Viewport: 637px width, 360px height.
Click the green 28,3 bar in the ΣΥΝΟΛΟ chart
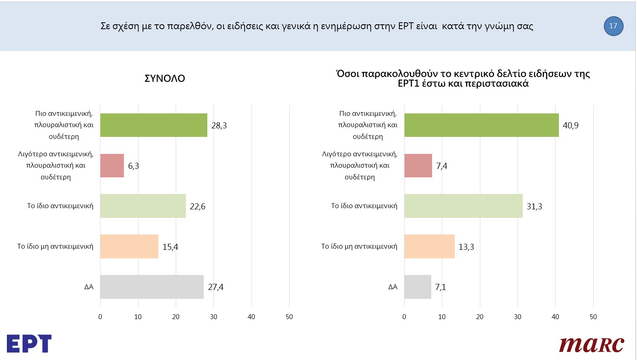(x=153, y=125)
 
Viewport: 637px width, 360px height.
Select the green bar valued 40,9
(x=481, y=125)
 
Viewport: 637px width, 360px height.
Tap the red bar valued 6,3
(x=112, y=166)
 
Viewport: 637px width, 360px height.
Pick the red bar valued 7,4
(x=418, y=166)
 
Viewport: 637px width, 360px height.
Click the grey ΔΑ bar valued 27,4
(x=152, y=287)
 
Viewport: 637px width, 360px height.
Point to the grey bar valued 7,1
(x=418, y=287)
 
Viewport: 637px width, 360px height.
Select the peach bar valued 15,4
(x=129, y=246)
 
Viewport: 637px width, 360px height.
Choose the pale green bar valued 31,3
(x=463, y=206)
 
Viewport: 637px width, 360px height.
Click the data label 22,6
(x=198, y=207)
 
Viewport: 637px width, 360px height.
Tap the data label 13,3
(x=466, y=247)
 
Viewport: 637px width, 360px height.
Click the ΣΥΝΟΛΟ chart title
(x=165, y=79)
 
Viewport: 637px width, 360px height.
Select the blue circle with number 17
(x=613, y=26)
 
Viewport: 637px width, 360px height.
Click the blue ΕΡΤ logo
(x=29, y=343)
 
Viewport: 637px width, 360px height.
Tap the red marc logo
(x=591, y=344)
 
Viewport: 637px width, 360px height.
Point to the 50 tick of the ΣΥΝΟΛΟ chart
(x=289, y=317)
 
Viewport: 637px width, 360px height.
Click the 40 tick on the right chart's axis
(x=555, y=317)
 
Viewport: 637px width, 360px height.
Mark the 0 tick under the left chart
(x=100, y=317)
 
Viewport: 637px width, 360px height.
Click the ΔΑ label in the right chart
(x=393, y=287)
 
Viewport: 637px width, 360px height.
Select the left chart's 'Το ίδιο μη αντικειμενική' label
(x=55, y=246)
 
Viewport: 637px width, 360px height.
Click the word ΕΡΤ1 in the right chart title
(x=409, y=84)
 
